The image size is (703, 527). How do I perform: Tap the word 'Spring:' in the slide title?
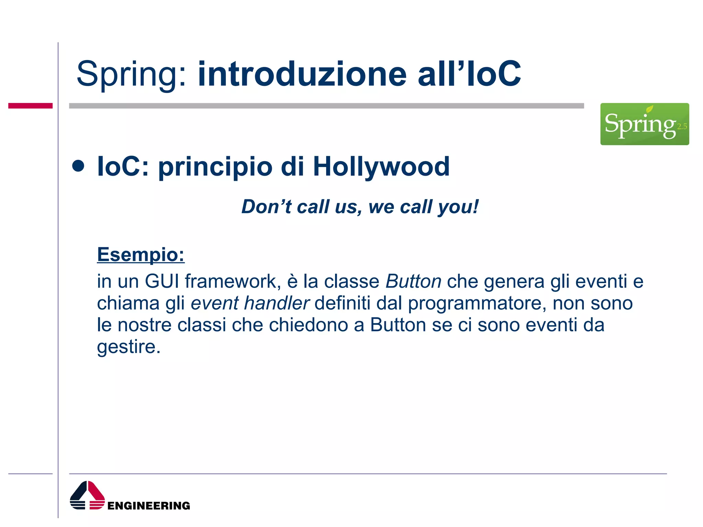[132, 75]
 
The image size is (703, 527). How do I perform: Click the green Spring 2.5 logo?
[644, 124]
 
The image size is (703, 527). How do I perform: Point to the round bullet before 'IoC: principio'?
[78, 166]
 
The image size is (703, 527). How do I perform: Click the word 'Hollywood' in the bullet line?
[381, 167]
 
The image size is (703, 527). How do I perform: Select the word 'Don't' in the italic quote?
[266, 207]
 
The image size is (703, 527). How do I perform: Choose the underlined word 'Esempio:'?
[141, 255]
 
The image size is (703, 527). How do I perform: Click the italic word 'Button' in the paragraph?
[413, 281]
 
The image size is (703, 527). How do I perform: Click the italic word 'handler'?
[277, 303]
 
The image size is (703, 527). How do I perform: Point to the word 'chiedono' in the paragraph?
[308, 325]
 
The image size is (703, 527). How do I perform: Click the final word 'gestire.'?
[129, 347]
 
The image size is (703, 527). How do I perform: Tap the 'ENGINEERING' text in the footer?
[149, 506]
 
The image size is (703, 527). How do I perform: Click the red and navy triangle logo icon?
[87, 495]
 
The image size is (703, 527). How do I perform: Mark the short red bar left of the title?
[30, 106]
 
